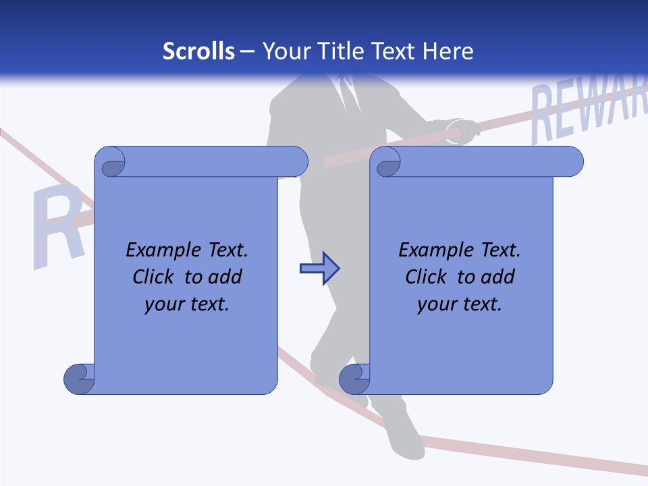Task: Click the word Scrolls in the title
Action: pyautogui.click(x=199, y=51)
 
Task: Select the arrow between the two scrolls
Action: pyautogui.click(x=319, y=269)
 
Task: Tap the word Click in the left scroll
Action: pyautogui.click(x=148, y=277)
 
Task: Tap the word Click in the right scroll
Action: pyautogui.click(x=421, y=277)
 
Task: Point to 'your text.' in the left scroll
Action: pyautogui.click(x=187, y=304)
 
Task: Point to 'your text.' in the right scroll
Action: pyautogui.click(x=460, y=304)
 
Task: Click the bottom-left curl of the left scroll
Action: pyautogui.click(x=79, y=379)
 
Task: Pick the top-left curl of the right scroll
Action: pyautogui.click(x=387, y=162)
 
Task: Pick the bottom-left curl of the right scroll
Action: pyautogui.click(x=354, y=379)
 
